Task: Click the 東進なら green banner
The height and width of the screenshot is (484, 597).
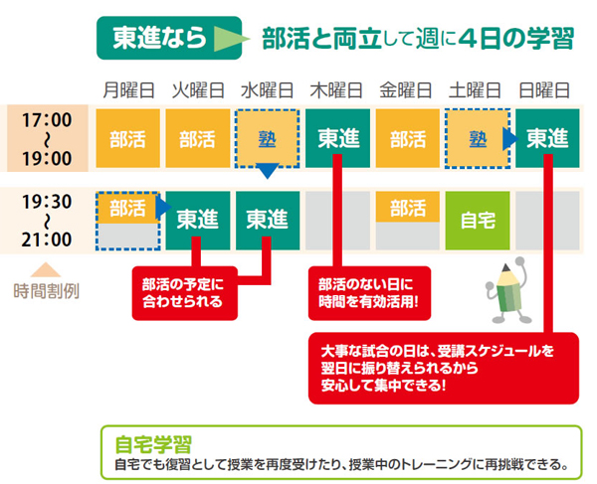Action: pos(169,38)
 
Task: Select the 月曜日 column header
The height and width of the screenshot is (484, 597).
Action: pos(128,90)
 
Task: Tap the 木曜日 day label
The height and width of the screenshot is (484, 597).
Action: pos(336,90)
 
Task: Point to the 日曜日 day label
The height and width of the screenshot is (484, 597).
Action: pos(544,90)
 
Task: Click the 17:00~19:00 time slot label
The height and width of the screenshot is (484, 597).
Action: pos(47,139)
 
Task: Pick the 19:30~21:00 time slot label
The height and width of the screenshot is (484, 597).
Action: pos(47,221)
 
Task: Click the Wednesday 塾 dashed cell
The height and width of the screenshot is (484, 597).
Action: pos(268,139)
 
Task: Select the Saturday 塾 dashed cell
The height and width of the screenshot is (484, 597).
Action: pos(478,139)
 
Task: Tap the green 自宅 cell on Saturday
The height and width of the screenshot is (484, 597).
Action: pos(478,221)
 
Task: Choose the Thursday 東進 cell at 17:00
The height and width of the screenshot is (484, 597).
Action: pos(337,138)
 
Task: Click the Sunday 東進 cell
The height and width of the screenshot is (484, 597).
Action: pos(547,138)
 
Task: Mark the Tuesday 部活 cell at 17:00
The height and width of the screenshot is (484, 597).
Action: pos(198,138)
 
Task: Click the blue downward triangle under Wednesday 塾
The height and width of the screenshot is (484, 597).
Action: pos(268,171)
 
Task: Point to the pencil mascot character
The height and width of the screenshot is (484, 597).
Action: pos(507,292)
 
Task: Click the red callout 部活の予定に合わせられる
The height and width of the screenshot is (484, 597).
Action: pos(185,293)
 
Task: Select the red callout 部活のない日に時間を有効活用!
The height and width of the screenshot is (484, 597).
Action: pos(369,293)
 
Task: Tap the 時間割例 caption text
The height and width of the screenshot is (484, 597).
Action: pos(47,291)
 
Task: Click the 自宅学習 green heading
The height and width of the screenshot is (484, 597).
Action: pos(153,444)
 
